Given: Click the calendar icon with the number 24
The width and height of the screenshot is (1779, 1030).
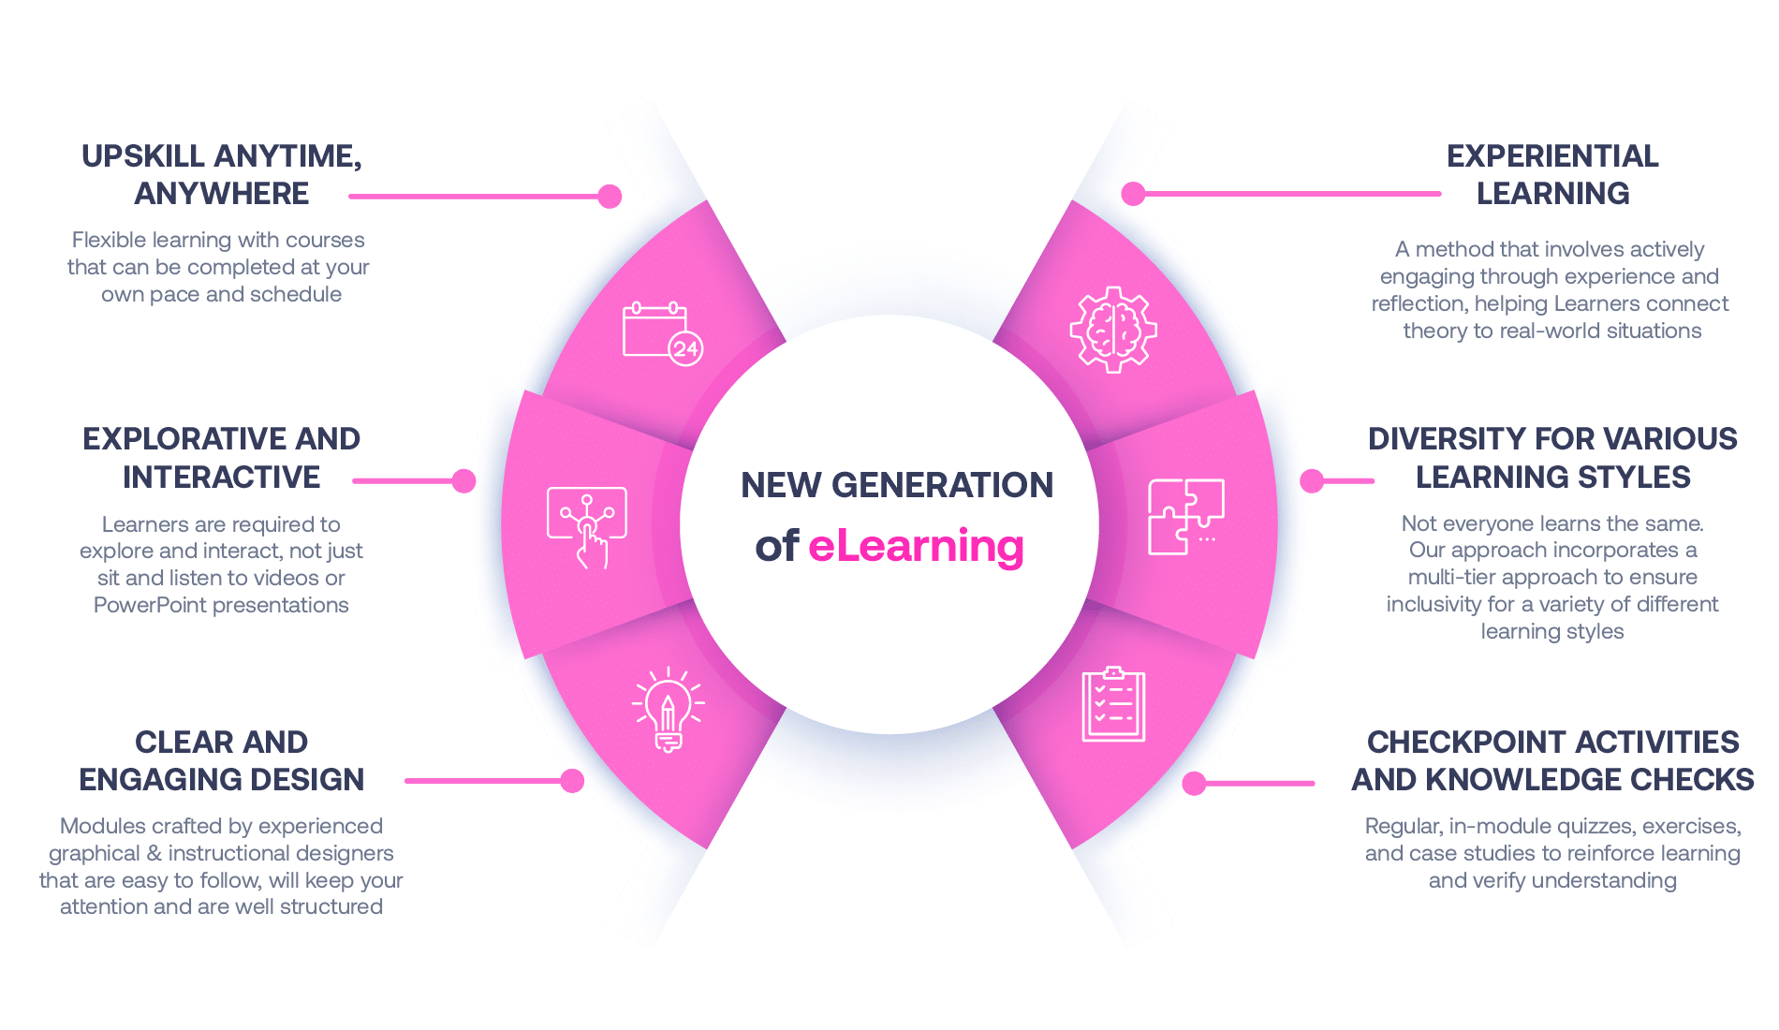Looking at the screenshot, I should [662, 333].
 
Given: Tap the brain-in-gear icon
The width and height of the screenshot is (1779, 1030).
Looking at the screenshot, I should [1113, 330].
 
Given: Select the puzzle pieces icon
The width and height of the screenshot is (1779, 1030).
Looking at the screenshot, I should [1185, 516].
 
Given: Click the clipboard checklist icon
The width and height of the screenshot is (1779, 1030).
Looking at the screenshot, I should [1113, 705].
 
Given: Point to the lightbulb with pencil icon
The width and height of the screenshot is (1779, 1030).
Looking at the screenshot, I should [668, 709].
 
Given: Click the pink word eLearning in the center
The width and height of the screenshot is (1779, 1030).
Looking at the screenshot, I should [916, 546].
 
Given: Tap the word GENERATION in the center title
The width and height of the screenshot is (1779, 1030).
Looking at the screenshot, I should [942, 485].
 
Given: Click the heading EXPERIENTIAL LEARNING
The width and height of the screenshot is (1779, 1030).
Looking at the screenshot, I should [1552, 174].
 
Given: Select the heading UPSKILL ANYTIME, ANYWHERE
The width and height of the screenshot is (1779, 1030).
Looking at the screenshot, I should [222, 174].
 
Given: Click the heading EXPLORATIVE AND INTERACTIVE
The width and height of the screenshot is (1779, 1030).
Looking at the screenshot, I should [222, 458].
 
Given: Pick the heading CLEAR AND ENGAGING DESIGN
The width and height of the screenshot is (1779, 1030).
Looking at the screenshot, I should [222, 760].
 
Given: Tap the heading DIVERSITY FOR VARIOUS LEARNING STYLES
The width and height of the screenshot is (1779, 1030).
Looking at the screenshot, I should [1552, 458].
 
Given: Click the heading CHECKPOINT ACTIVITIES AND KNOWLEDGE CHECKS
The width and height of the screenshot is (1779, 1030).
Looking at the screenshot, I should [1552, 760].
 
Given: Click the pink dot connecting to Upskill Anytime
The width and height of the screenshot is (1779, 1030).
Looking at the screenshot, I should [610, 196].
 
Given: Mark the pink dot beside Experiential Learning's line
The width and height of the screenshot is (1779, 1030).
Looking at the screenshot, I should [1133, 194].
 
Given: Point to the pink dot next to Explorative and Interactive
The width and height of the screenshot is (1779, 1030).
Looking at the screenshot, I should [463, 480].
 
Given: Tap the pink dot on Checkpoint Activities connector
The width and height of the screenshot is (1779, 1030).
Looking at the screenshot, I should [1194, 783].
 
